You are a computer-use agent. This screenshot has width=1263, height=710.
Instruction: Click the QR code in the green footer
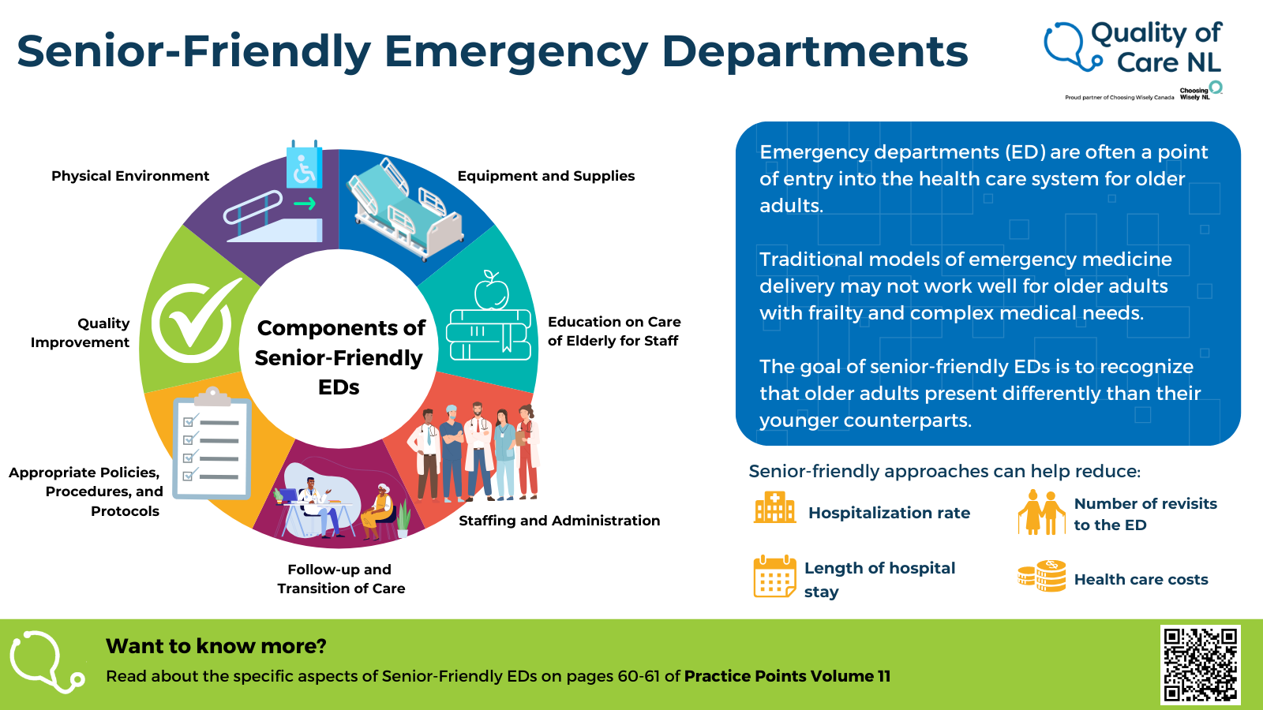coord(1200,664)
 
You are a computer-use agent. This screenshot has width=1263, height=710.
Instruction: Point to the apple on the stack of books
coord(492,291)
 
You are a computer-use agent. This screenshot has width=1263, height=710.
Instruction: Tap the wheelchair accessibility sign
coord(304,166)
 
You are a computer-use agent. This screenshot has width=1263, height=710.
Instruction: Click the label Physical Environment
coord(130,176)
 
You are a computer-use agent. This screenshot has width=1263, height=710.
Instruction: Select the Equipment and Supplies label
coord(546,176)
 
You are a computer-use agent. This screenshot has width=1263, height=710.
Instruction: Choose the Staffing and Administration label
coord(559,521)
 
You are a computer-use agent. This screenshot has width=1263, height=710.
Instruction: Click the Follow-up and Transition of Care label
coord(341,579)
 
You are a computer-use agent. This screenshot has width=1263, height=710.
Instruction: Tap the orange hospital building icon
coord(774,509)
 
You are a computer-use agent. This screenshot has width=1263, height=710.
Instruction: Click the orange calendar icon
coord(774,577)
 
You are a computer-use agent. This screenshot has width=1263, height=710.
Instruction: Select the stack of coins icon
coord(1042,577)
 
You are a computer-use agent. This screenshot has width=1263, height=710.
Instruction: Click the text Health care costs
coord(1141,580)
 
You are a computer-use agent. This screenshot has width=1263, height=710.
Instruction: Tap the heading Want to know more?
coord(216,646)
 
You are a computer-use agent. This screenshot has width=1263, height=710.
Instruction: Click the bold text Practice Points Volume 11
coord(787,676)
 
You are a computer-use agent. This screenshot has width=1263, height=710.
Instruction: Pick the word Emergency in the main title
coord(516,52)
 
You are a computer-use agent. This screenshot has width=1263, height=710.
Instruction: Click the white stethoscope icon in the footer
coord(46,661)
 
